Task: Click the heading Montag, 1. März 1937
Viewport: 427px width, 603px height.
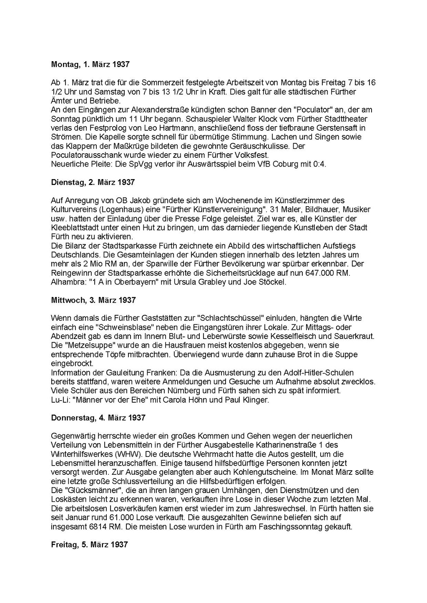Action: pos(90,65)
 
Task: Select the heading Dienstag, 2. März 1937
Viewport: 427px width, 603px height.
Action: pos(93,182)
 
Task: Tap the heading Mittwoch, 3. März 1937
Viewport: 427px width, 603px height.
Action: pos(93,300)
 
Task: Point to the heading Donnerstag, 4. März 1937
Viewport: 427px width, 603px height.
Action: pos(98,418)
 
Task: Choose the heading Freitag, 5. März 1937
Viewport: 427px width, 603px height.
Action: pos(89,544)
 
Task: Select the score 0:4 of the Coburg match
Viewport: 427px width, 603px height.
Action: pos(319,164)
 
